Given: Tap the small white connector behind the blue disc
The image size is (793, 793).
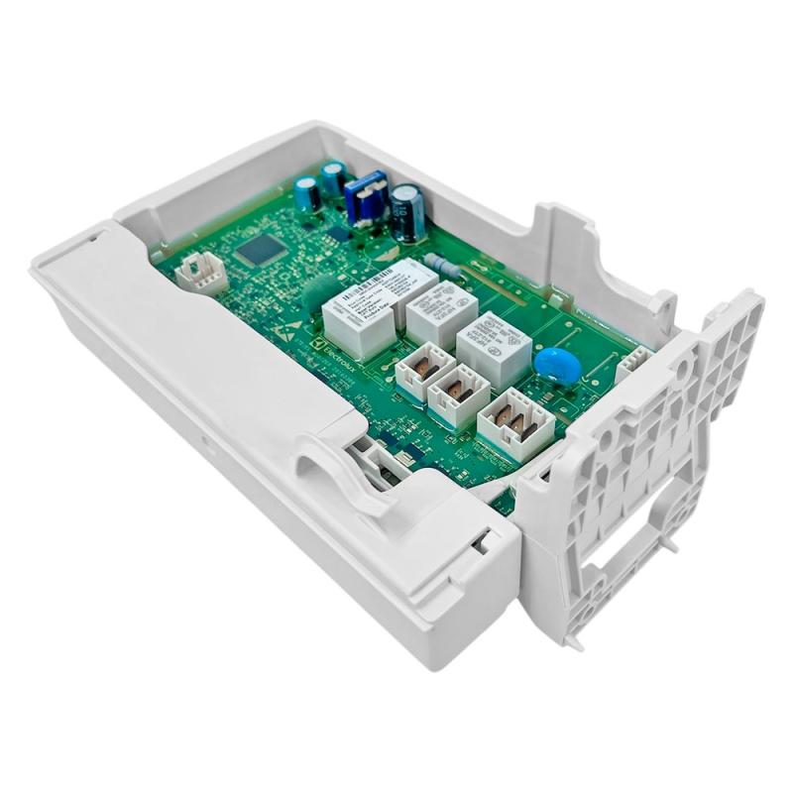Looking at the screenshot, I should click(630, 369).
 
